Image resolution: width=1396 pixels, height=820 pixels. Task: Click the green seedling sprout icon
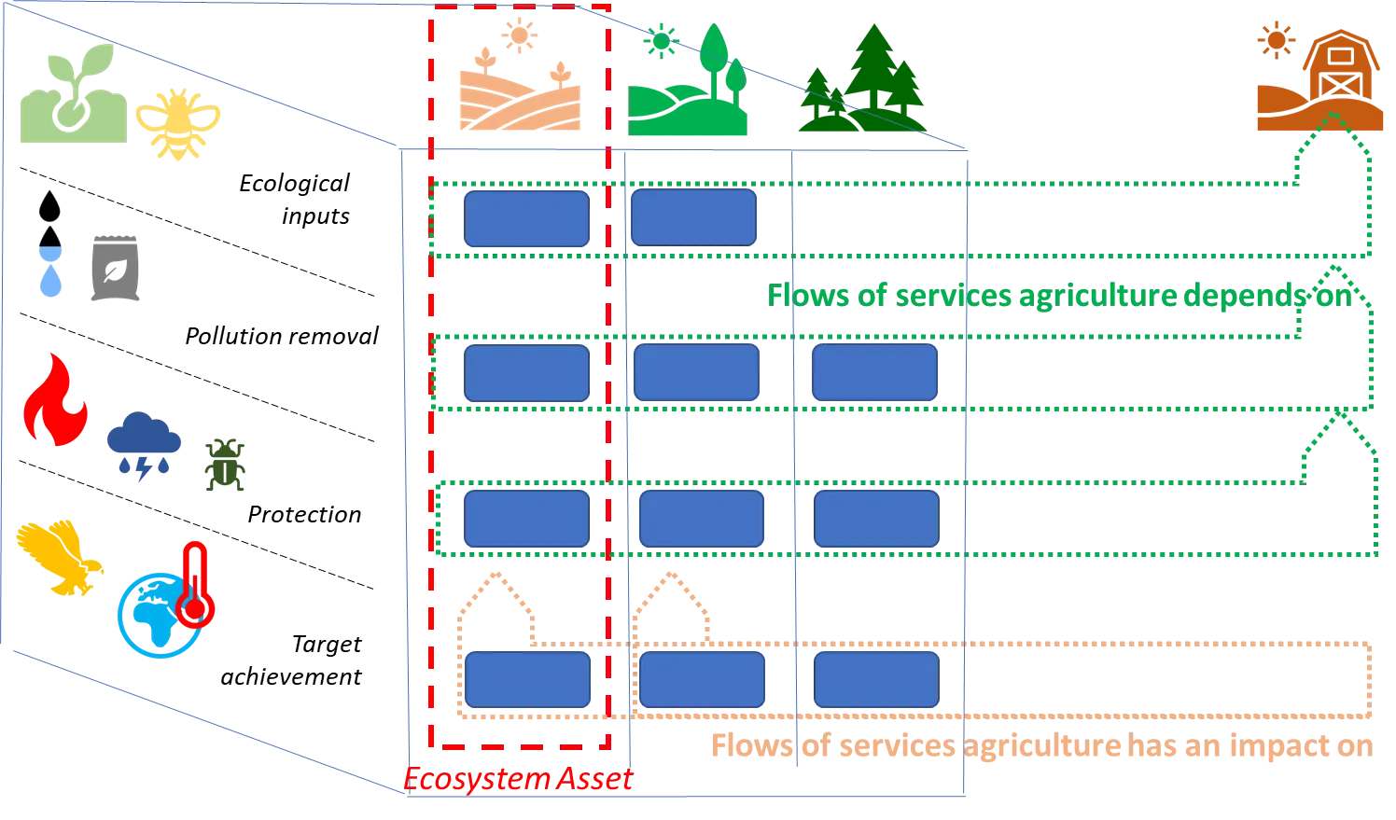(x=72, y=96)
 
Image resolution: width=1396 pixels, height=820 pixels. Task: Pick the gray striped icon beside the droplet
(x=116, y=269)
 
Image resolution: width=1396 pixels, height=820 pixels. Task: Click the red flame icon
(x=56, y=398)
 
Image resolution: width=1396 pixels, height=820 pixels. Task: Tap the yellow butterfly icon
(x=58, y=557)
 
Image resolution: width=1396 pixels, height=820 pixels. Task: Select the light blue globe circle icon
(x=156, y=616)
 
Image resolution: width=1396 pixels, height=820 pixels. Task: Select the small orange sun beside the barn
(x=1272, y=42)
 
